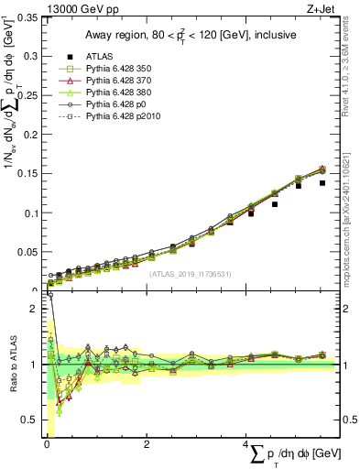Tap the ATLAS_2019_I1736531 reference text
pos(190,273)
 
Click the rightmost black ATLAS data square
pos(322,183)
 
